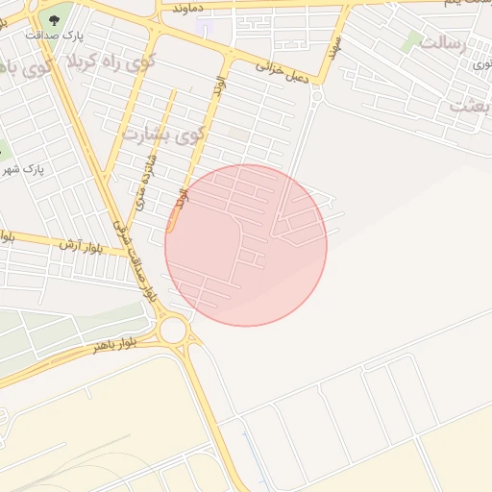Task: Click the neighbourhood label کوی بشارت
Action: [x=161, y=133]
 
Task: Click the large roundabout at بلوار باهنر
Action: [x=173, y=331]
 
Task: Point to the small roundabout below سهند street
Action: [x=317, y=96]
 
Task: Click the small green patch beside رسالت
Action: [x=412, y=40]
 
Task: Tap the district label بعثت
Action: [x=470, y=106]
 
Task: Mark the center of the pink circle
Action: [x=246, y=245]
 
